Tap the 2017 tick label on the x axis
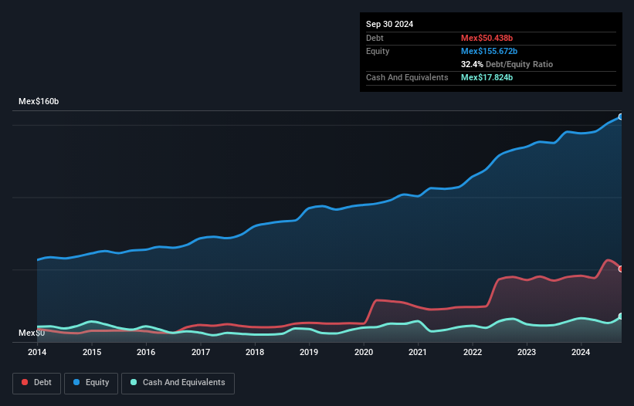tap(201, 352)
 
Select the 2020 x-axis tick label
tap(364, 352)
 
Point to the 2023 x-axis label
tap(527, 352)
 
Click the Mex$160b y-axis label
tap(39, 102)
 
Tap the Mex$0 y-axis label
tap(32, 333)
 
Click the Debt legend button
tap(36, 382)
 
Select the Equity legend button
tap(91, 382)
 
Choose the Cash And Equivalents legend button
tap(178, 382)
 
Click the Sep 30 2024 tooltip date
tap(389, 24)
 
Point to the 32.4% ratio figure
tap(472, 64)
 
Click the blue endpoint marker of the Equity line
tap(621, 117)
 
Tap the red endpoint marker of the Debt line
tap(621, 269)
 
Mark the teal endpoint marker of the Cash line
tap(621, 316)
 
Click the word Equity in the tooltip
tap(378, 51)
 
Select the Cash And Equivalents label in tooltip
tap(407, 77)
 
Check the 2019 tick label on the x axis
tap(309, 352)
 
